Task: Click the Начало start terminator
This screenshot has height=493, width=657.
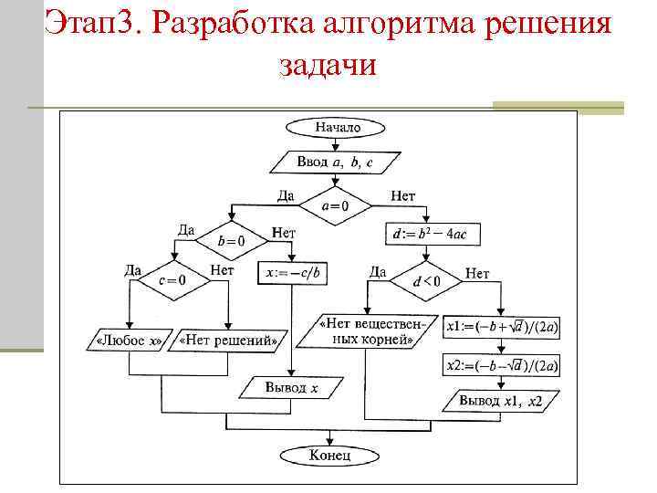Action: click(x=337, y=128)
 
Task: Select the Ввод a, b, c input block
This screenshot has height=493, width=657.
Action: click(x=335, y=162)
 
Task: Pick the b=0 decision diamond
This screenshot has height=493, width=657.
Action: click(x=232, y=240)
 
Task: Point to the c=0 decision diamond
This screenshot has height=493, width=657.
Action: click(x=171, y=280)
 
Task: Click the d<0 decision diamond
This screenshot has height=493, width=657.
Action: click(x=426, y=281)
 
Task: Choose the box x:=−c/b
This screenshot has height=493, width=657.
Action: click(x=295, y=272)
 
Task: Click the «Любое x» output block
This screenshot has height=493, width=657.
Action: click(x=129, y=341)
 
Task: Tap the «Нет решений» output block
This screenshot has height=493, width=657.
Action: click(x=228, y=341)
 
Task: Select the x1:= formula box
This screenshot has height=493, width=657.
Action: click(x=502, y=326)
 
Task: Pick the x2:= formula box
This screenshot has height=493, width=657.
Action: click(x=502, y=365)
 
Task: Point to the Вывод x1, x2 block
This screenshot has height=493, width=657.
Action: click(x=500, y=400)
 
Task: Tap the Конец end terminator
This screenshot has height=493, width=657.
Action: click(x=329, y=454)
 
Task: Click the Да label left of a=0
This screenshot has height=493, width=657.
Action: click(x=286, y=195)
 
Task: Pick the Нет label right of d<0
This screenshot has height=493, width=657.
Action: click(x=477, y=273)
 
